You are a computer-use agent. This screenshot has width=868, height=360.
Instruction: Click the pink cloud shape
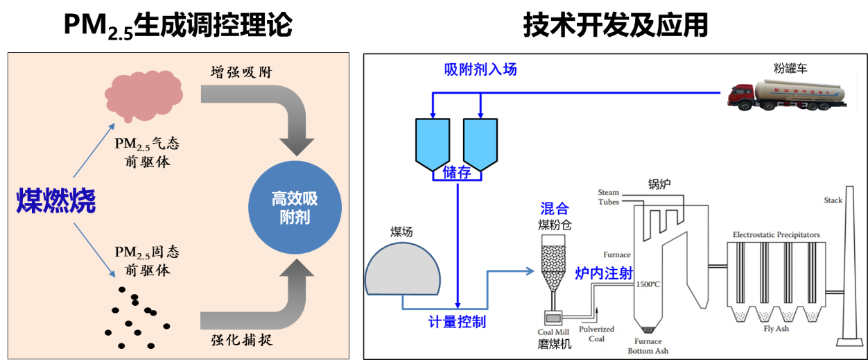[x=144, y=94]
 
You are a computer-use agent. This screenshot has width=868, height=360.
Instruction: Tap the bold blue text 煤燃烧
[x=56, y=201]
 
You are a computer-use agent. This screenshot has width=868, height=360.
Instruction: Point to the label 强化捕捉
[x=241, y=340]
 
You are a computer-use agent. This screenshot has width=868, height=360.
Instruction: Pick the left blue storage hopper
[x=433, y=142]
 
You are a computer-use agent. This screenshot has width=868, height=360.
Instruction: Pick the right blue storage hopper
[x=480, y=142]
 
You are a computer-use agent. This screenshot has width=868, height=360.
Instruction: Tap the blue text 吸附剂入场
[x=480, y=69]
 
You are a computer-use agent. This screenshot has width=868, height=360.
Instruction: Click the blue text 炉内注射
[x=604, y=273]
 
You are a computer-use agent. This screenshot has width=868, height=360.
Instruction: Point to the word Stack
[x=833, y=200]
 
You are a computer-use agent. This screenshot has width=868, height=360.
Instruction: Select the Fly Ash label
[x=776, y=329]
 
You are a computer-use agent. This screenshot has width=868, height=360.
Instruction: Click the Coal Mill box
[x=555, y=318]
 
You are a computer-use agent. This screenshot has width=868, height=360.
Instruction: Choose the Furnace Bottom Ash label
[x=648, y=346]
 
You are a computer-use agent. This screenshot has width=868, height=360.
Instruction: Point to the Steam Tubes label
[x=609, y=197]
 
